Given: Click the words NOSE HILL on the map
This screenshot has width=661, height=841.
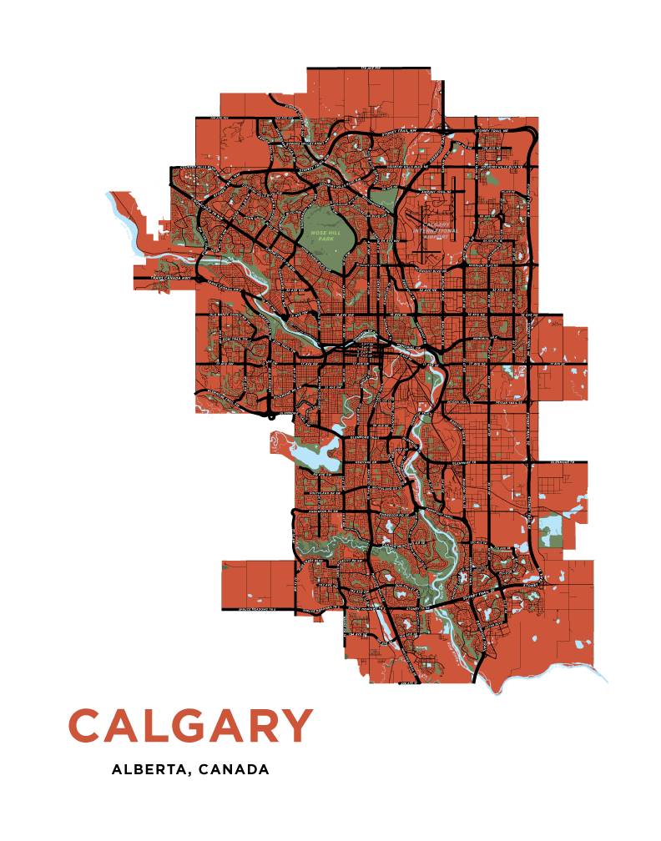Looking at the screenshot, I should tap(322, 233).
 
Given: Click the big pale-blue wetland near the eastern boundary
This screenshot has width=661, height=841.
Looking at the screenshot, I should tap(551, 527).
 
